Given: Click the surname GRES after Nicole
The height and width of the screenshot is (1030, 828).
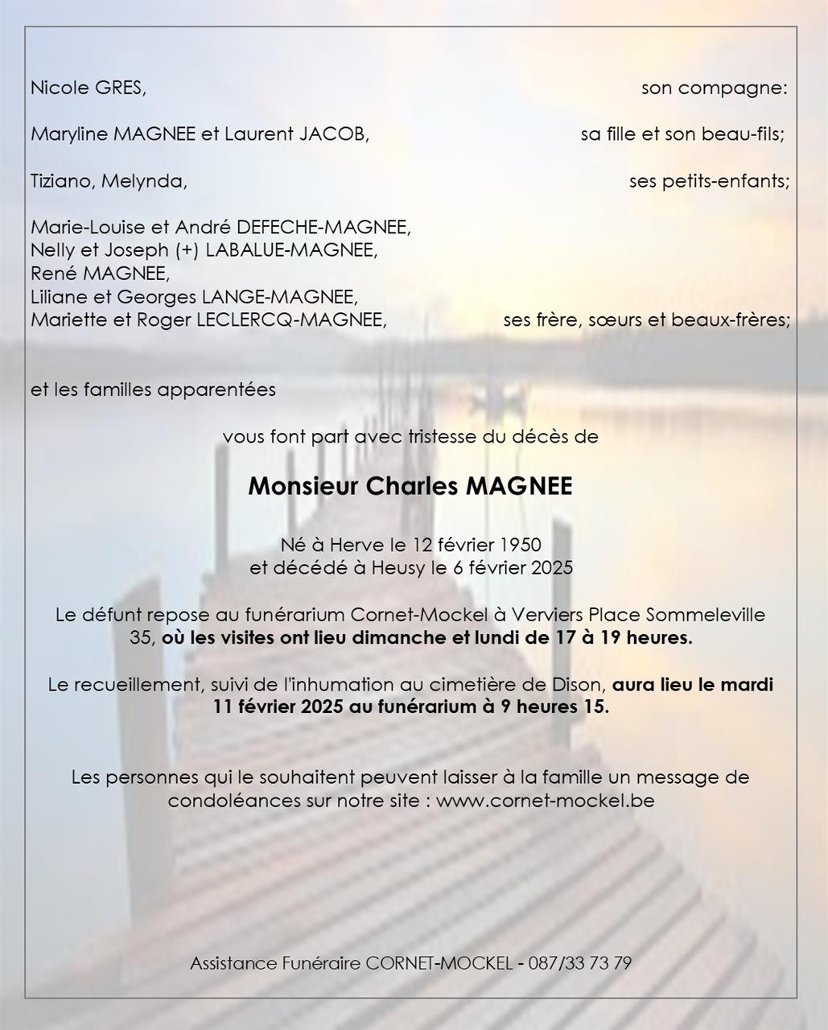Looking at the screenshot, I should coord(121,88).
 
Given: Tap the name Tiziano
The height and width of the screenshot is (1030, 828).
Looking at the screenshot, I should coord(63,181).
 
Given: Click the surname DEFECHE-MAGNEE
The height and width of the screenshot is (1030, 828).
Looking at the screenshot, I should coord(323,228).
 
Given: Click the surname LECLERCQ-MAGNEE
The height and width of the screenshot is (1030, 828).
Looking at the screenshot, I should coord(291,320).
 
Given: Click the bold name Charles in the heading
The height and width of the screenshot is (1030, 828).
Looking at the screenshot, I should coord(413,487).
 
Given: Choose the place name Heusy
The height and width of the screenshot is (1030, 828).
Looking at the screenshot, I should coord(398,568).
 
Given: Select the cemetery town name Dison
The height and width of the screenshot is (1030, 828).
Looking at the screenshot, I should coord(576,685).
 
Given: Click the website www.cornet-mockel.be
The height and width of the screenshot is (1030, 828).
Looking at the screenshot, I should coord(545,801).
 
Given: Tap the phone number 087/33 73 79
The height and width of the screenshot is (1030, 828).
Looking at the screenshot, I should coord(579,963).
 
